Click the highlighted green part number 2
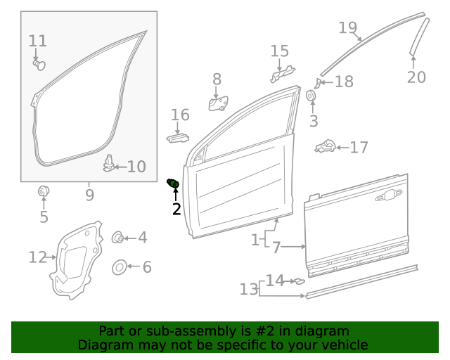172,184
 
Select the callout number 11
38,41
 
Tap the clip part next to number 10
108,163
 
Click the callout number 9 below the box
89,193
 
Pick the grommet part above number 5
44,191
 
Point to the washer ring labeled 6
120,267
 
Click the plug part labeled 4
118,238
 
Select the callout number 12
37,257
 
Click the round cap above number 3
311,96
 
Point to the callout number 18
344,82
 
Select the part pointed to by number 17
325,147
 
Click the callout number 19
347,27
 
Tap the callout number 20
416,77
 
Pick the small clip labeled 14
300,281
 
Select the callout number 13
249,289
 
